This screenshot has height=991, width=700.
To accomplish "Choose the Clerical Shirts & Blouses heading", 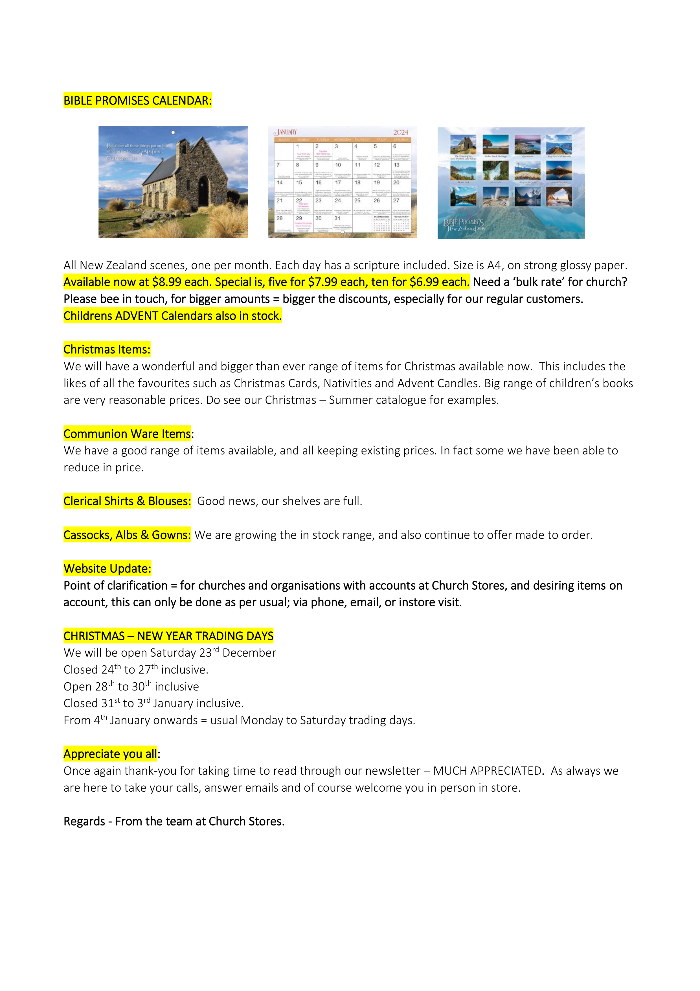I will click(127, 501).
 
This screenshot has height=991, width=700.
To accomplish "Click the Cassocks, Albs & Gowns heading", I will click(127, 535).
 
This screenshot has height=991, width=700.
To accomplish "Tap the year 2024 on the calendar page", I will click(400, 132).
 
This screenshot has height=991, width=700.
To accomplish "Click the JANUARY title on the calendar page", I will click(286, 132).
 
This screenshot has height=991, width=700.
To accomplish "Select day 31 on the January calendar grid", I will click(337, 218).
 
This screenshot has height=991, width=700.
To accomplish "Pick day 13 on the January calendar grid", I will click(396, 165).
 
